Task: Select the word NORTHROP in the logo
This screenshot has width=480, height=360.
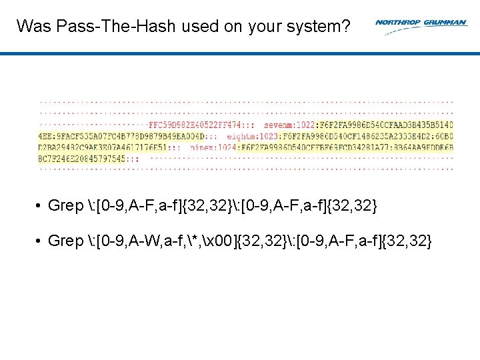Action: (x=397, y=22)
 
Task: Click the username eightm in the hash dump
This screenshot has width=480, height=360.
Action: (x=242, y=135)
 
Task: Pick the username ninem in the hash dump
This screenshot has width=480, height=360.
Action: (x=204, y=147)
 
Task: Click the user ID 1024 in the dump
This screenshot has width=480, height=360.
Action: (x=227, y=147)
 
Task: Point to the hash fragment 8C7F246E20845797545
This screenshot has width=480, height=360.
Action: (x=82, y=159)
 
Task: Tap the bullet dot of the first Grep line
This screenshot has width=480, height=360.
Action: (x=40, y=206)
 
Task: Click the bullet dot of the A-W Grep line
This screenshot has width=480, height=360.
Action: (x=40, y=241)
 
